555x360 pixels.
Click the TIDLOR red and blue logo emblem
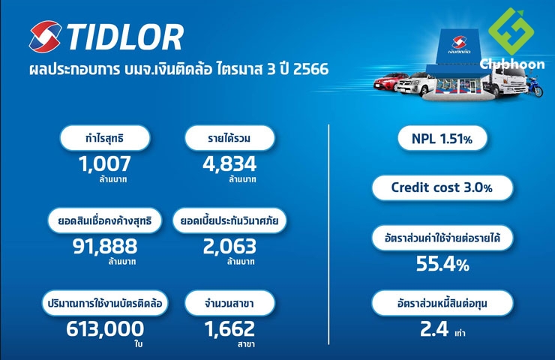[45, 37]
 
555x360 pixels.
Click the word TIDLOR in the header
[125, 37]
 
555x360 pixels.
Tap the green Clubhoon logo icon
[511, 31]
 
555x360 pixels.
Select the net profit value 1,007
[104, 164]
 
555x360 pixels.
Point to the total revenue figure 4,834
[229, 164]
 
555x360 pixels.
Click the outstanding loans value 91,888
[105, 246]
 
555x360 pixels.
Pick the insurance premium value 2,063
[229, 246]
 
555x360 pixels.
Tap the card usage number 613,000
[105, 328]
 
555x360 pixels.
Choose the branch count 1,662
[229, 328]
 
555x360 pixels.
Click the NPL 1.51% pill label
[442, 139]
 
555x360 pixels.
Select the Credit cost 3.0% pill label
[442, 187]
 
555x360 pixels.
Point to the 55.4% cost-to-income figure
[442, 264]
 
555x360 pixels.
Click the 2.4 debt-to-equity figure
[434, 328]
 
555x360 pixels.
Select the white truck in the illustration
[506, 81]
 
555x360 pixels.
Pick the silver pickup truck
[415, 83]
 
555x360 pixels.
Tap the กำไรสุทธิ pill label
[105, 138]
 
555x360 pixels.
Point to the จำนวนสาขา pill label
[229, 303]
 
